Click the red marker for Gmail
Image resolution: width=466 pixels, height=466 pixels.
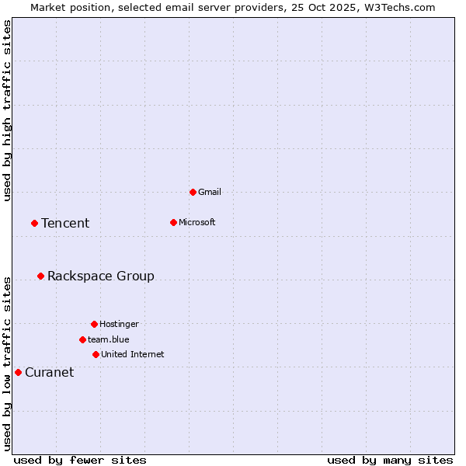click(x=193, y=192)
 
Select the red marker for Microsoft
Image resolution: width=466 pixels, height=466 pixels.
click(x=173, y=222)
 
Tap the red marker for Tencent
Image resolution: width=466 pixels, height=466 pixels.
click(x=34, y=223)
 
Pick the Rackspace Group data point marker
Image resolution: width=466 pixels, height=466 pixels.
click(x=40, y=276)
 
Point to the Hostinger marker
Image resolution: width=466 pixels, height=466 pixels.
click(x=94, y=324)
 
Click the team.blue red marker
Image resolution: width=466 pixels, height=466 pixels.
click(x=82, y=339)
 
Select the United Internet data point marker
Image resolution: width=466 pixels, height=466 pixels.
click(x=96, y=354)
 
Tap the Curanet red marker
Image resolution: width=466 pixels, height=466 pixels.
click(x=18, y=372)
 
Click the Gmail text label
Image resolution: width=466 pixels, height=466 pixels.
click(x=210, y=192)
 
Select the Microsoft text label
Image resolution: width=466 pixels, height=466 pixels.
click(x=196, y=222)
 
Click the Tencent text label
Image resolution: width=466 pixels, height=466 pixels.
click(x=65, y=223)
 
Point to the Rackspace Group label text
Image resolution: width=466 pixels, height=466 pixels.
click(x=100, y=276)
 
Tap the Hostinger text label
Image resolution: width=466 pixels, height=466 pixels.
click(x=119, y=324)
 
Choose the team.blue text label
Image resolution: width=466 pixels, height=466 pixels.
click(x=108, y=339)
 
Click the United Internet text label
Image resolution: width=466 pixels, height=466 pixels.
click(x=132, y=354)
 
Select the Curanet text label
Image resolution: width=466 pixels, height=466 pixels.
click(x=49, y=372)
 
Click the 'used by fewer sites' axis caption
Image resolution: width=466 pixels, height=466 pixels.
click(x=80, y=460)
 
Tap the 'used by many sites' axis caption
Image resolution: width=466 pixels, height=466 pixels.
click(x=390, y=460)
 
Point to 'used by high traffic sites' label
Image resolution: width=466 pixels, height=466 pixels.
click(x=7, y=111)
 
